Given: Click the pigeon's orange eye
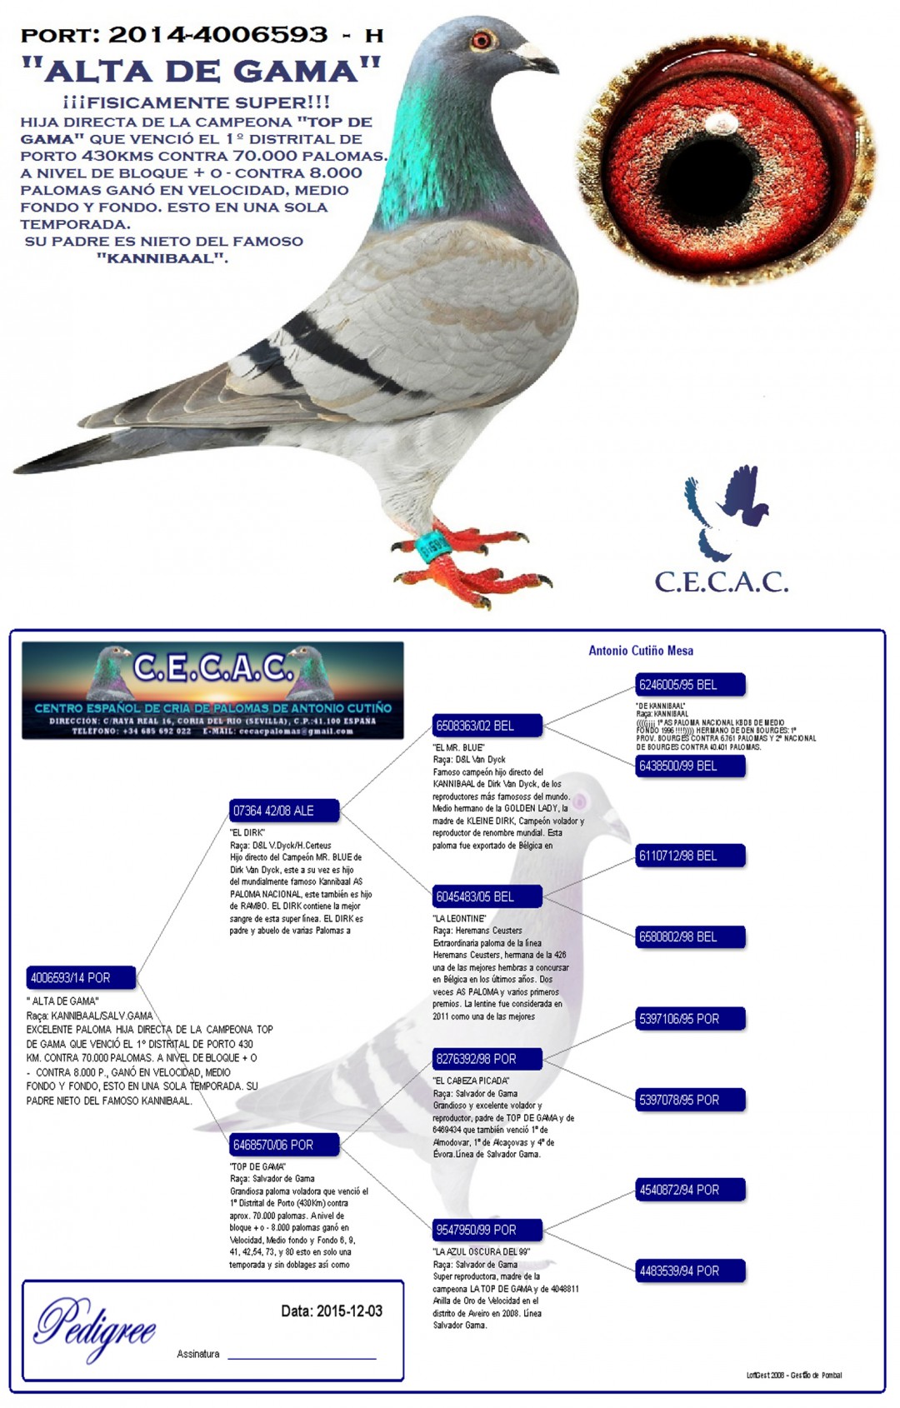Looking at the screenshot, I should (x=482, y=39).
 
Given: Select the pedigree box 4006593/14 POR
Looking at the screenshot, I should (x=81, y=977).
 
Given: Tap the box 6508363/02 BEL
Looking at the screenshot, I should (x=487, y=726).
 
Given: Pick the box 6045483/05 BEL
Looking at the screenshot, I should (x=487, y=896).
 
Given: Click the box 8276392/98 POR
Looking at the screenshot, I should (x=487, y=1059).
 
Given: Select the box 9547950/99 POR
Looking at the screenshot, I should (x=487, y=1230).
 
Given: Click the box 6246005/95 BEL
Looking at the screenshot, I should (x=690, y=685).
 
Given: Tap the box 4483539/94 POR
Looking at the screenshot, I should (x=690, y=1271).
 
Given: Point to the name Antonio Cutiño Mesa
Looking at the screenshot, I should (x=640, y=651).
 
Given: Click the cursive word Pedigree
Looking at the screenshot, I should (x=94, y=1326).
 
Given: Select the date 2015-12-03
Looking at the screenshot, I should (x=349, y=1311).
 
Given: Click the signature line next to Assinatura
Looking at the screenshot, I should (x=302, y=1358).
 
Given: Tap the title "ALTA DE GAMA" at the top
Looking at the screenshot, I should (x=201, y=71).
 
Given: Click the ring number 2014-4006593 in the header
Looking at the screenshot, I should (x=218, y=35).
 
